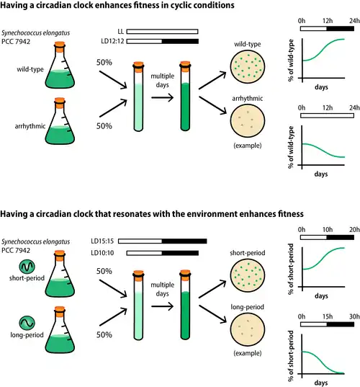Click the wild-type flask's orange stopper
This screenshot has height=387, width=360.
[x=60, y=45]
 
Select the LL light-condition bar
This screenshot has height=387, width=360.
[x=162, y=31]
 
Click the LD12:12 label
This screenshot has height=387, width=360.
[x=112, y=41]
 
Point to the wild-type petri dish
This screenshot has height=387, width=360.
[x=247, y=66]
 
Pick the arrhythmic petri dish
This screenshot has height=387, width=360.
[x=247, y=120]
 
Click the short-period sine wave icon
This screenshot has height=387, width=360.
[x=27, y=267]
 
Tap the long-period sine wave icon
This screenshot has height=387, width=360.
[x=27, y=323]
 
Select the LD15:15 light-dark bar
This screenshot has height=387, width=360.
[x=162, y=241]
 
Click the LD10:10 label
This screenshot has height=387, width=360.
[x=102, y=253]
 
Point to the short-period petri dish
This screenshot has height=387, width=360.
[x=247, y=275]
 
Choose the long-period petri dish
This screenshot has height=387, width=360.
[x=247, y=329]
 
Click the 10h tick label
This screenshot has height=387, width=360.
[x=328, y=230]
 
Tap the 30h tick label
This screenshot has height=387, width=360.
[x=354, y=316]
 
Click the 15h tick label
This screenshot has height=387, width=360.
[x=328, y=316]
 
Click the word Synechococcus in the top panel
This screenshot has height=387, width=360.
[x=22, y=33]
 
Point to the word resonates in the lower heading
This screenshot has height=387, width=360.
[x=132, y=214]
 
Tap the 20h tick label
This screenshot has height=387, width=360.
[x=354, y=230]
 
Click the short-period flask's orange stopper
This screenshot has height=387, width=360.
[x=60, y=254]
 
